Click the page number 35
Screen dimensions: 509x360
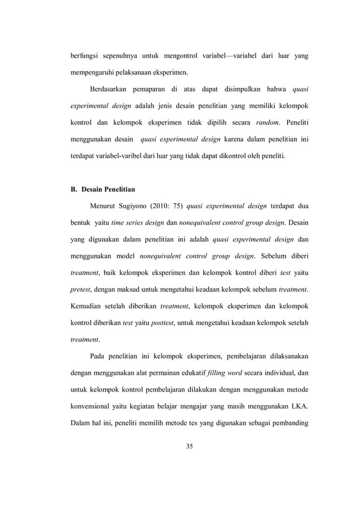[x=189, y=447]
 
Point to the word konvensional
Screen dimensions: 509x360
[x=93, y=405]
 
